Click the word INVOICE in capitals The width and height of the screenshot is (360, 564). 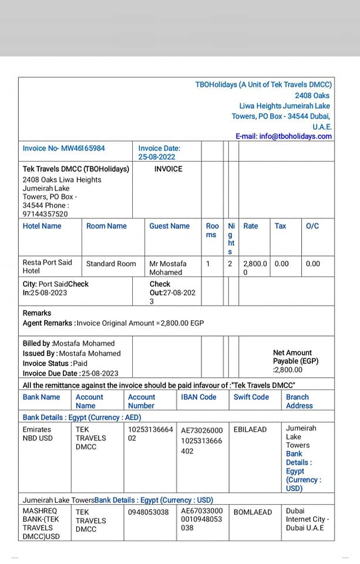click(168, 169)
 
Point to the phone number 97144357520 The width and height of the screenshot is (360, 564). click(45, 214)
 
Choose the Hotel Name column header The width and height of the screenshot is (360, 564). click(42, 226)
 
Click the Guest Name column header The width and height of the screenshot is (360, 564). click(169, 226)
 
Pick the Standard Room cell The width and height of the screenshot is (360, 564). click(111, 264)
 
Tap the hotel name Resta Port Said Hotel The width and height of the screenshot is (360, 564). click(48, 267)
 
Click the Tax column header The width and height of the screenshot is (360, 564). click(281, 226)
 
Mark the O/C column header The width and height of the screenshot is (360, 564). click(312, 226)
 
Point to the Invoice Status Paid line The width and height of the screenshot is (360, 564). click(55, 363)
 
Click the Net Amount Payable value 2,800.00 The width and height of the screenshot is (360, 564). click(288, 370)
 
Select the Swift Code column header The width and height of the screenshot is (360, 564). click(251, 397)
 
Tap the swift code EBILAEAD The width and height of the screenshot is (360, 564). click(250, 430)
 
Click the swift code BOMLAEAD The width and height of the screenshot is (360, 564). click(253, 512)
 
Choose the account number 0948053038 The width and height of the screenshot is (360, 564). click(149, 512)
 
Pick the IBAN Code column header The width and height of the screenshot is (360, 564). click(198, 397)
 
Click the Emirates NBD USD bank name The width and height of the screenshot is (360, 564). click(38, 434)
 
